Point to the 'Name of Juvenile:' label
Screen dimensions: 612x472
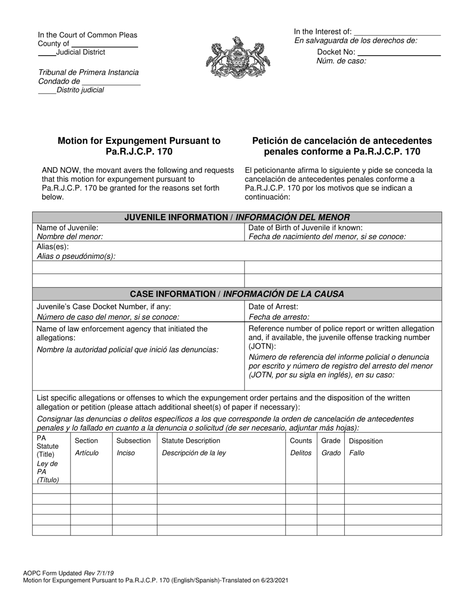(x=68, y=228)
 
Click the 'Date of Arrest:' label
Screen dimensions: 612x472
(x=273, y=307)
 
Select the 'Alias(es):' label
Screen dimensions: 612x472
(x=53, y=247)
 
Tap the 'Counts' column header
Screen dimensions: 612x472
(x=301, y=441)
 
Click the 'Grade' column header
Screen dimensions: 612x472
(x=331, y=441)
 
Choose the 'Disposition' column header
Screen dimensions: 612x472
(x=366, y=441)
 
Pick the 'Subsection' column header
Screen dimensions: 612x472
(x=134, y=441)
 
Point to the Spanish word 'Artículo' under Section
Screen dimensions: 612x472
(x=86, y=453)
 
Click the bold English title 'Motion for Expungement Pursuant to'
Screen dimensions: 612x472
(x=139, y=141)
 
